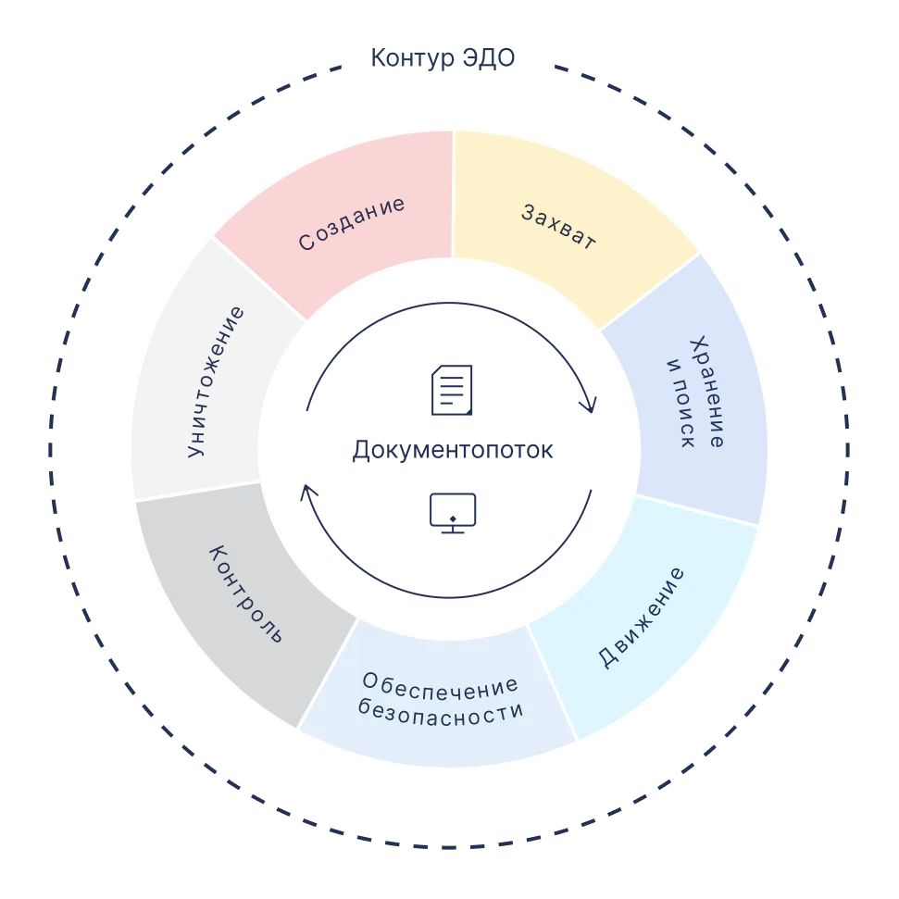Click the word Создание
coord(352,223)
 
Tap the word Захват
coord(558,226)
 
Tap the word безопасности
coord(441,714)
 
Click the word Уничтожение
coord(216,381)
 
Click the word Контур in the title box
coord(409,59)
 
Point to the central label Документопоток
coord(453,452)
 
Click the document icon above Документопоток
coord(452,391)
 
